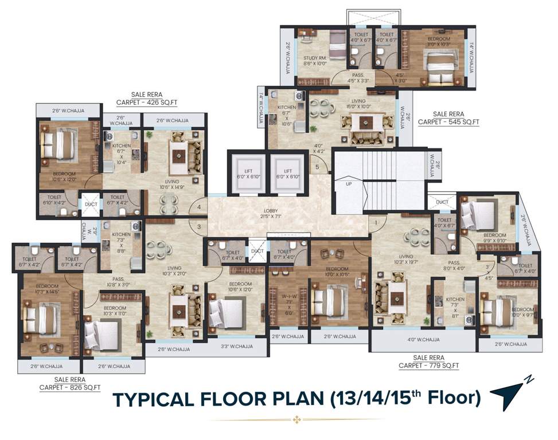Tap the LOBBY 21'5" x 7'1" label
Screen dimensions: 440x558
pyautogui.click(x=264, y=213)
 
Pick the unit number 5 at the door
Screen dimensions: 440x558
pyautogui.click(x=317, y=167)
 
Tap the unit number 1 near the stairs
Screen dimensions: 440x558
pyautogui.click(x=376, y=222)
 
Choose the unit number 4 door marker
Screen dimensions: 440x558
pyautogui.click(x=199, y=207)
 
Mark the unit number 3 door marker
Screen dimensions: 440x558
pyautogui.click(x=199, y=227)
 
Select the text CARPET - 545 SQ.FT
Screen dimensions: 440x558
pyautogui.click(x=448, y=122)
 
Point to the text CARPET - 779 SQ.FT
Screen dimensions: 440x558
pyautogui.click(x=429, y=365)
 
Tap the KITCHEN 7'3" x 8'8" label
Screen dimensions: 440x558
pyautogui.click(x=121, y=243)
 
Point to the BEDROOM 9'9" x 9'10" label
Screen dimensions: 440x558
pyautogui.click(x=494, y=238)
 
